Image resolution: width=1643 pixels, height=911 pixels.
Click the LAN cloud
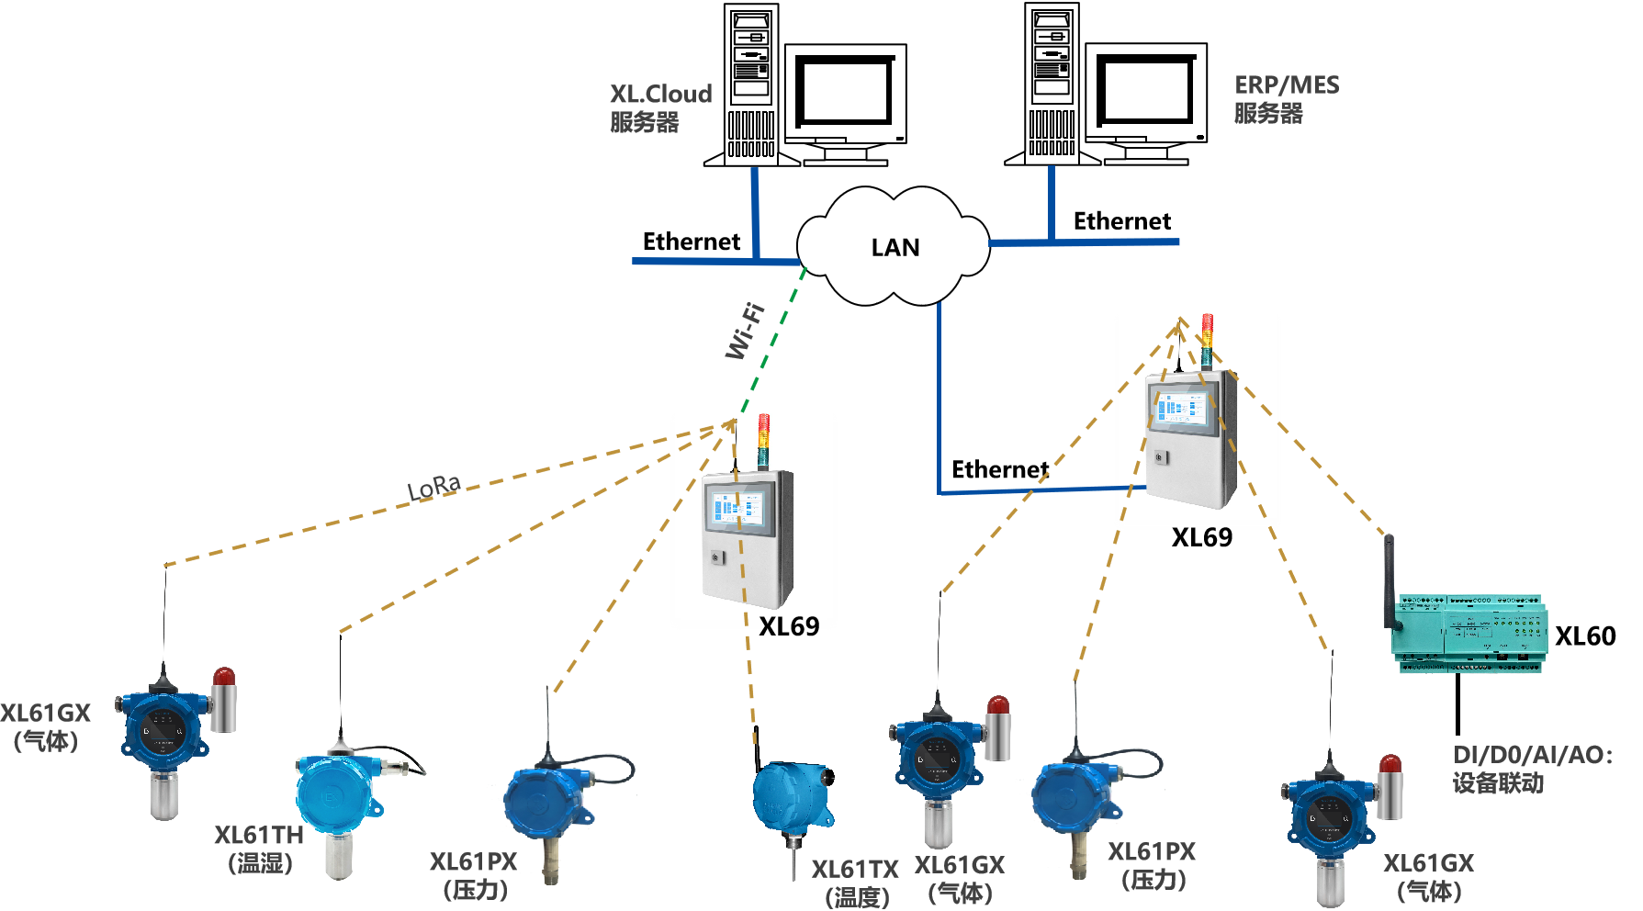point(894,246)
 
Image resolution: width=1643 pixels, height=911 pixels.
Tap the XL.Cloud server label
point(659,107)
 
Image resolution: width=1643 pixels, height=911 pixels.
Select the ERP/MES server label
point(1286,99)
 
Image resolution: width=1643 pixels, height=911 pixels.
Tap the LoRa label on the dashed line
point(433,487)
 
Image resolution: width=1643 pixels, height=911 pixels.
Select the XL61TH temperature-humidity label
point(260,848)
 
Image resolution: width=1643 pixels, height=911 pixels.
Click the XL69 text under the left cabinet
point(789,624)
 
